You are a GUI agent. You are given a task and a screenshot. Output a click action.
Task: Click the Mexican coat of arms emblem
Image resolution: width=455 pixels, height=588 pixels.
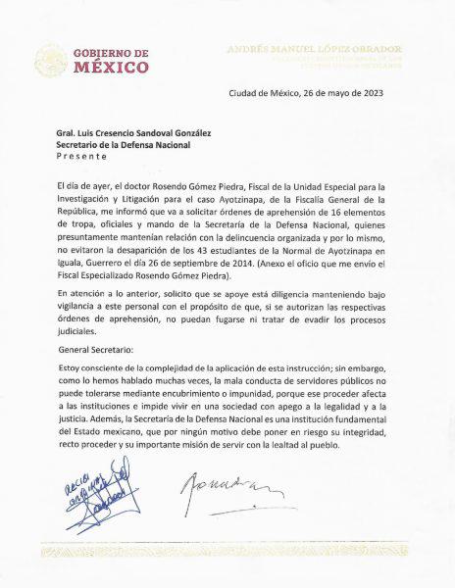[51, 60]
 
